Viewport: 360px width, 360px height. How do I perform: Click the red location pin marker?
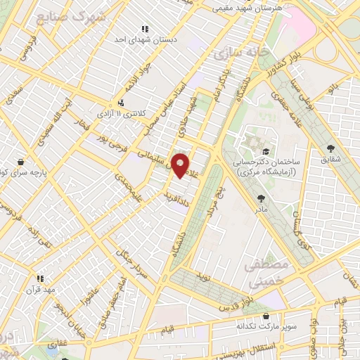click(180, 165)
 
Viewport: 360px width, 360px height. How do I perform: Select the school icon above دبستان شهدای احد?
click(145, 29)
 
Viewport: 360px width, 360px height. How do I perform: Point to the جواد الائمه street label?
click(136, 82)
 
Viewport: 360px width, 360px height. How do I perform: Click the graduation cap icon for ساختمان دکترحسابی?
click(265, 151)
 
